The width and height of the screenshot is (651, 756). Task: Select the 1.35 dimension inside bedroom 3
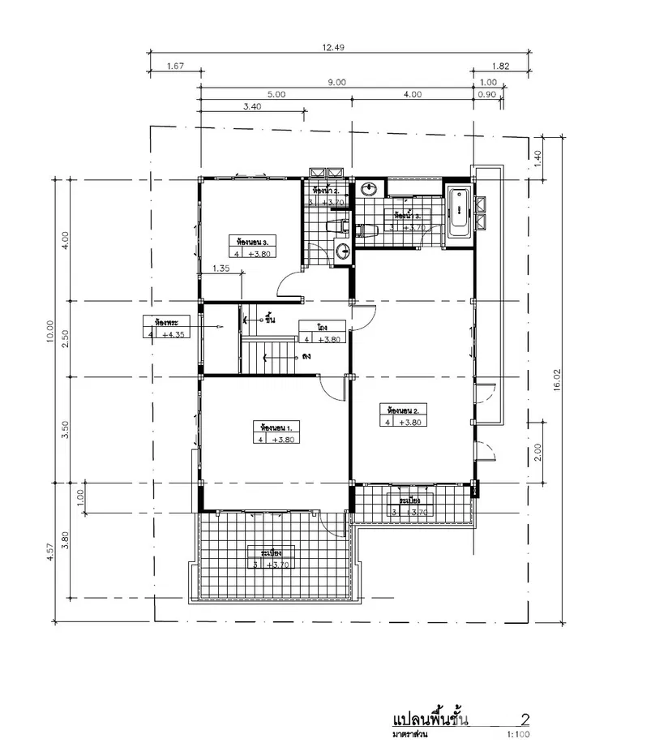[221, 268]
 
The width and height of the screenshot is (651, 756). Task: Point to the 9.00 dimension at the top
[336, 81]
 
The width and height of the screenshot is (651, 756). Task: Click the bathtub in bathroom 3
[460, 209]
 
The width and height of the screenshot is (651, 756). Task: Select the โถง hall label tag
[322, 327]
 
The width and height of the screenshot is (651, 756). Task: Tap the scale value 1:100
[517, 735]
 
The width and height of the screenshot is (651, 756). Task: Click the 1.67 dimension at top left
[173, 67]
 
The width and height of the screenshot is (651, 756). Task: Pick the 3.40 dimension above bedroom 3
[252, 106]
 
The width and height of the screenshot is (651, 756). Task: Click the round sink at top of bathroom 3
[370, 188]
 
